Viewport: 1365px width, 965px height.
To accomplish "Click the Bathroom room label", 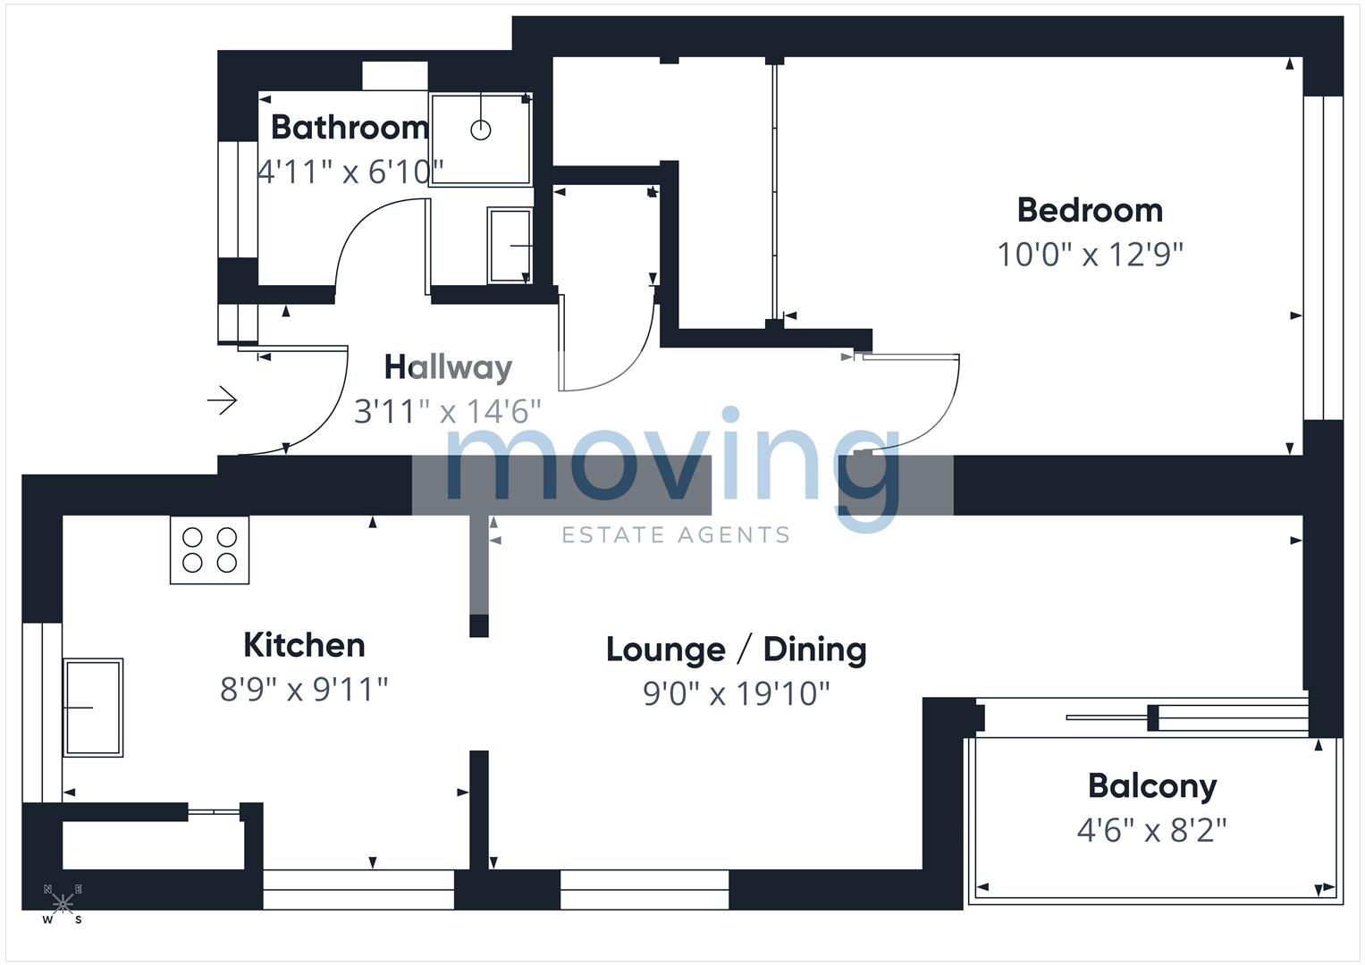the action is [x=350, y=127].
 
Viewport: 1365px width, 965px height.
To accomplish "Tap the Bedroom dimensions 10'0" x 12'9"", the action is [x=1090, y=255].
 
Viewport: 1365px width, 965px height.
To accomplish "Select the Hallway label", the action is [x=448, y=367].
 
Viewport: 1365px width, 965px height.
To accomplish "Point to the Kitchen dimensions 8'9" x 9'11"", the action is [x=303, y=690].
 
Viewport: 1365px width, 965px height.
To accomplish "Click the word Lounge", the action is [x=665, y=650].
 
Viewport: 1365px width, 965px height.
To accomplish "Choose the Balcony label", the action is [x=1152, y=786].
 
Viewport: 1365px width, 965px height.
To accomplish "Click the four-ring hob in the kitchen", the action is [x=210, y=550].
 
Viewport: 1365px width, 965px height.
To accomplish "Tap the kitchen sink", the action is [x=93, y=708].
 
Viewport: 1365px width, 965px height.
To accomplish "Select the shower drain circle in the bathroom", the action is [x=481, y=130].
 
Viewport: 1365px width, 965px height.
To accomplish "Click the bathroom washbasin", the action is [x=510, y=246].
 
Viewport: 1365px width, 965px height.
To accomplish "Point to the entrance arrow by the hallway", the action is [x=222, y=400].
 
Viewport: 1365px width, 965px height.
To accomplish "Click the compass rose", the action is [x=63, y=904].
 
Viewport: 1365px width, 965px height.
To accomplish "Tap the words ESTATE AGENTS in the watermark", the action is [x=675, y=535].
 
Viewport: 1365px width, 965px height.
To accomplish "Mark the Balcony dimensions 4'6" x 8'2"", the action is [x=1151, y=830].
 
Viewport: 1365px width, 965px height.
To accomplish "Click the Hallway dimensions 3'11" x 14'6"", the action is [x=447, y=411].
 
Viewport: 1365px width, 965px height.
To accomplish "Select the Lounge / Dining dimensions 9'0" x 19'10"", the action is [x=736, y=693].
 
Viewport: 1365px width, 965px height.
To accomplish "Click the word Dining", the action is [x=814, y=650].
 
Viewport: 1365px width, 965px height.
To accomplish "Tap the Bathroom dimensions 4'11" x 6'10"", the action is [x=350, y=172].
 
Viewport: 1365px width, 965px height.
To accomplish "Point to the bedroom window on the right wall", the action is [x=1324, y=257].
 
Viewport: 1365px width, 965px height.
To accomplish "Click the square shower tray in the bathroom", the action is [x=481, y=138].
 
